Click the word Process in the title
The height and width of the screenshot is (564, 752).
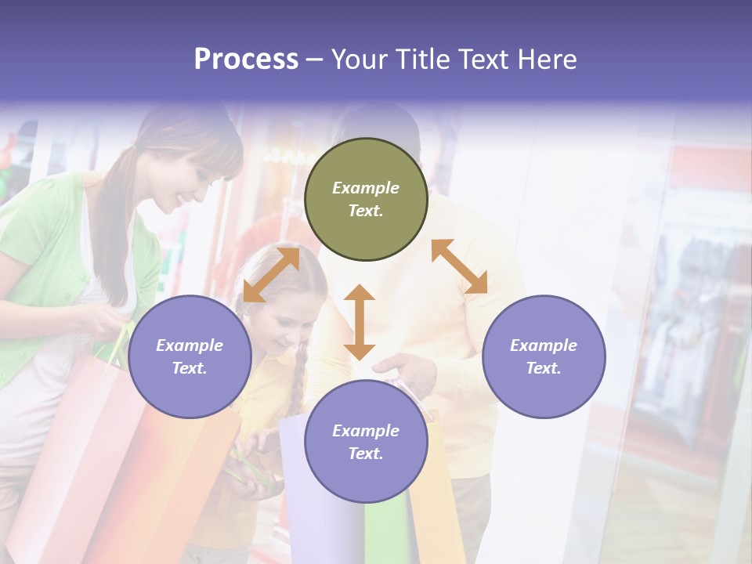point(246,60)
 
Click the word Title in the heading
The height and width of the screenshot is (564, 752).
point(423,60)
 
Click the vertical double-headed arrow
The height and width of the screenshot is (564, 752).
point(360,322)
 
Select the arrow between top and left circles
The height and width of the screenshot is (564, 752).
point(270,274)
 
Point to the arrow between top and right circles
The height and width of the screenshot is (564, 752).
point(460,266)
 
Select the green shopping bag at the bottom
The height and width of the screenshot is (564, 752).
point(386,533)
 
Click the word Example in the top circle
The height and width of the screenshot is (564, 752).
point(366,188)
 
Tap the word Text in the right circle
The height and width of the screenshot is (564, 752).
point(544,368)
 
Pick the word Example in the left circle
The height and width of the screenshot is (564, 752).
point(190,345)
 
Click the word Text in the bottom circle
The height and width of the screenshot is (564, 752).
point(366,454)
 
